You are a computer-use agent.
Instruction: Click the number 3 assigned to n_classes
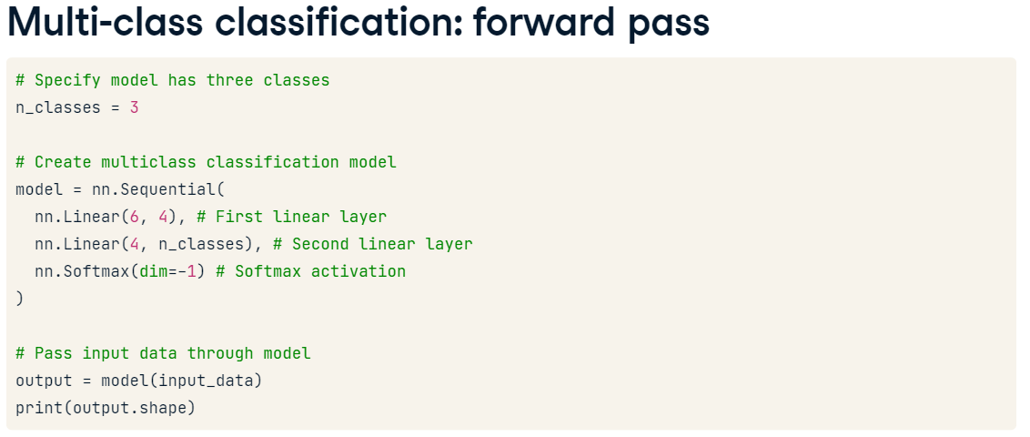point(135,107)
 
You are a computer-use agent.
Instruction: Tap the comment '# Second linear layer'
point(373,244)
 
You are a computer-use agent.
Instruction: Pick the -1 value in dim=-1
point(187,271)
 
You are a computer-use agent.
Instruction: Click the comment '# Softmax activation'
point(311,271)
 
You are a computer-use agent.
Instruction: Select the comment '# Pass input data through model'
point(164,353)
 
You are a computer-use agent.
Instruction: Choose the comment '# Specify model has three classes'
point(173,80)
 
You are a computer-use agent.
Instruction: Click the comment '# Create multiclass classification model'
point(207,162)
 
